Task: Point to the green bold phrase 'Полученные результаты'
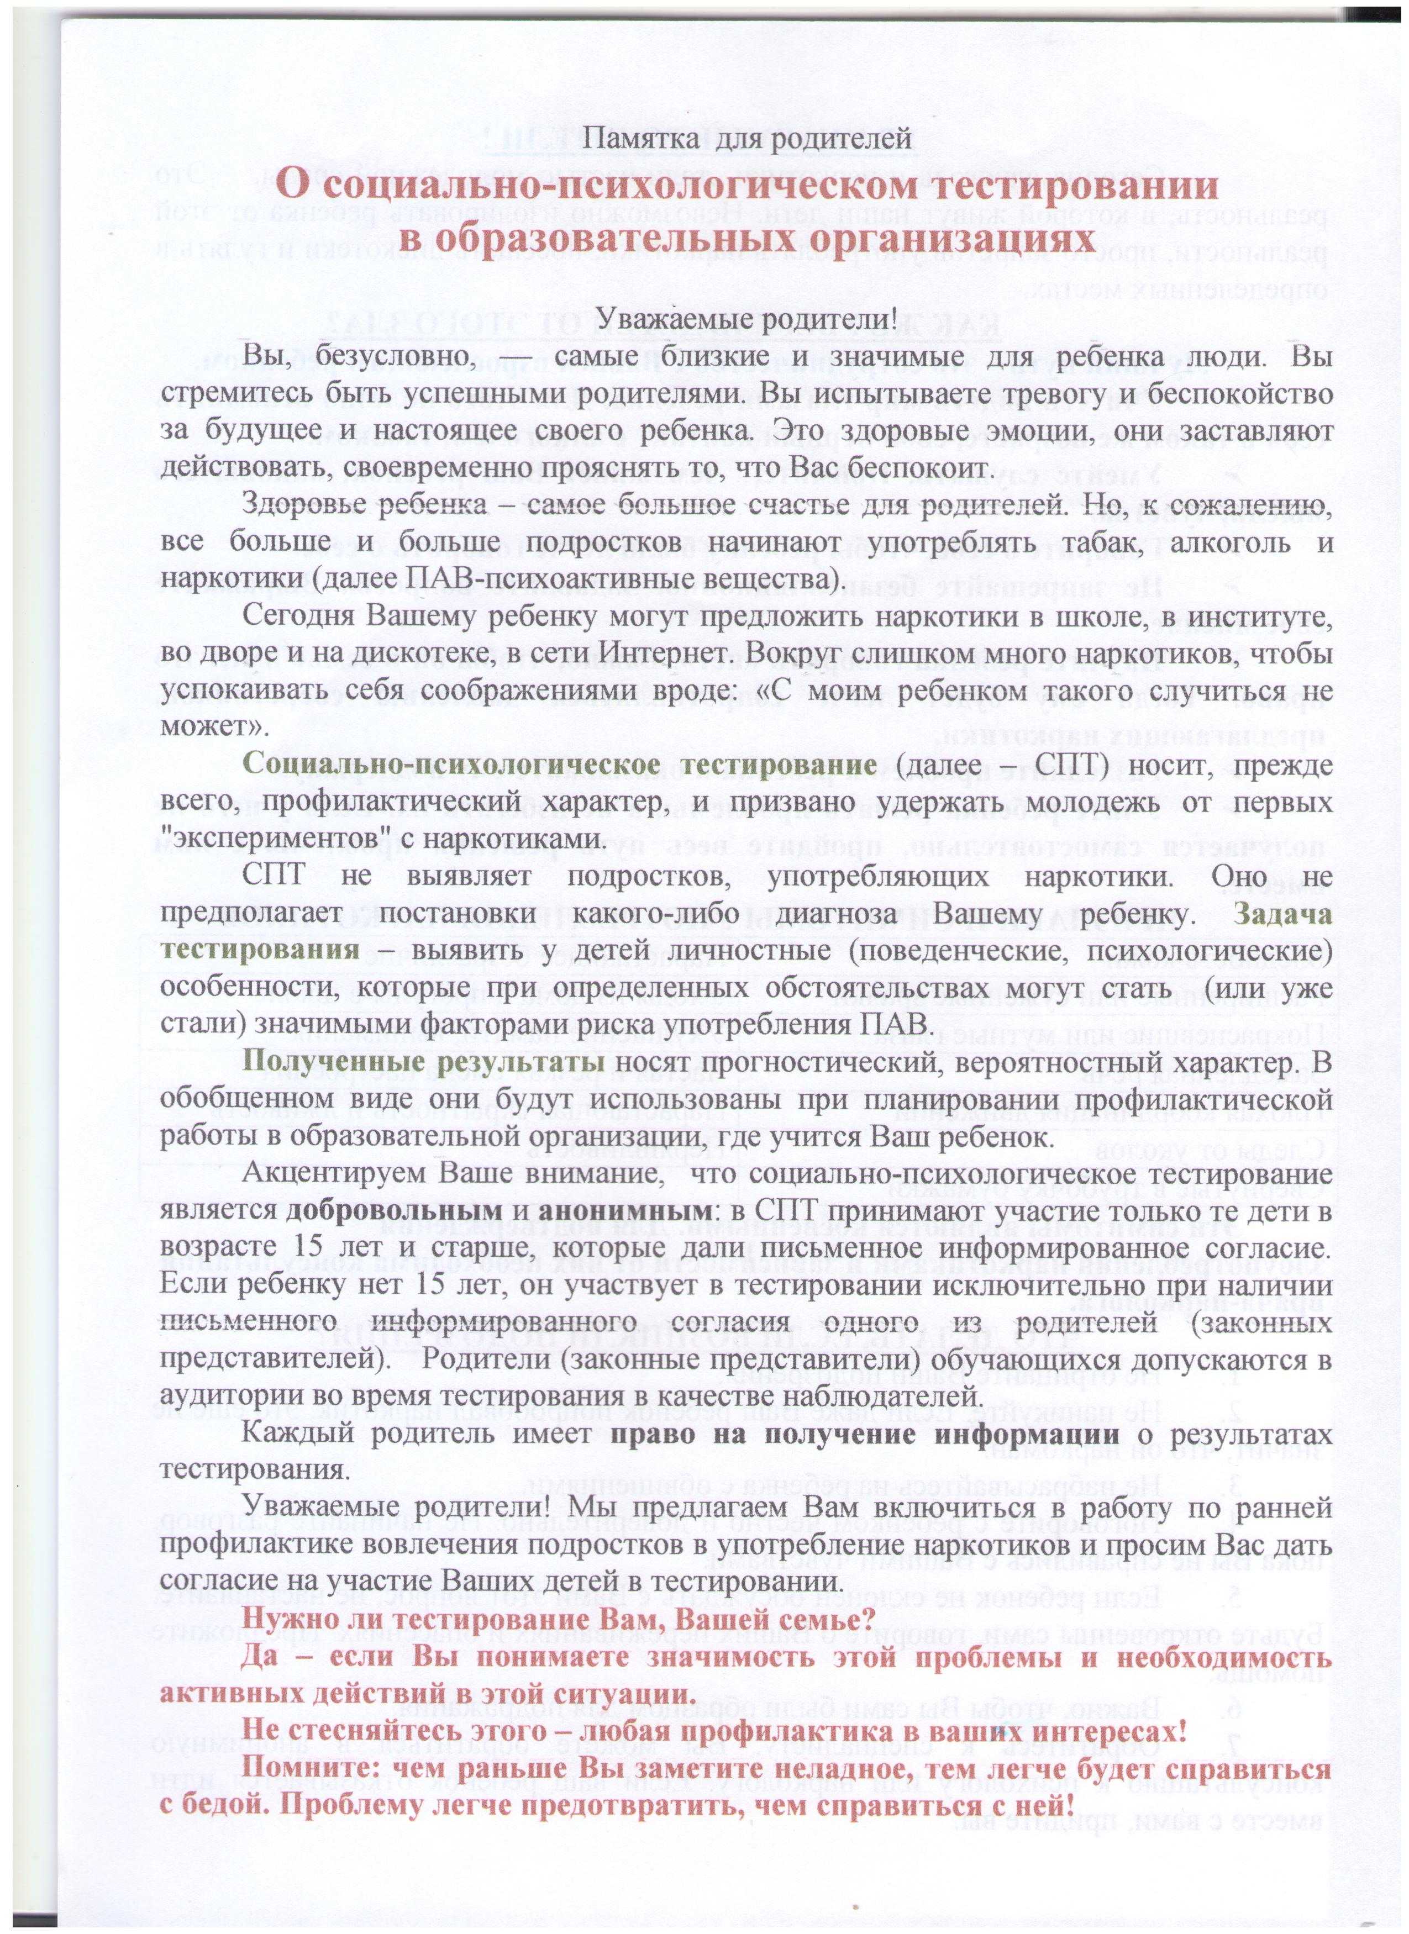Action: pos(424,1063)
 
